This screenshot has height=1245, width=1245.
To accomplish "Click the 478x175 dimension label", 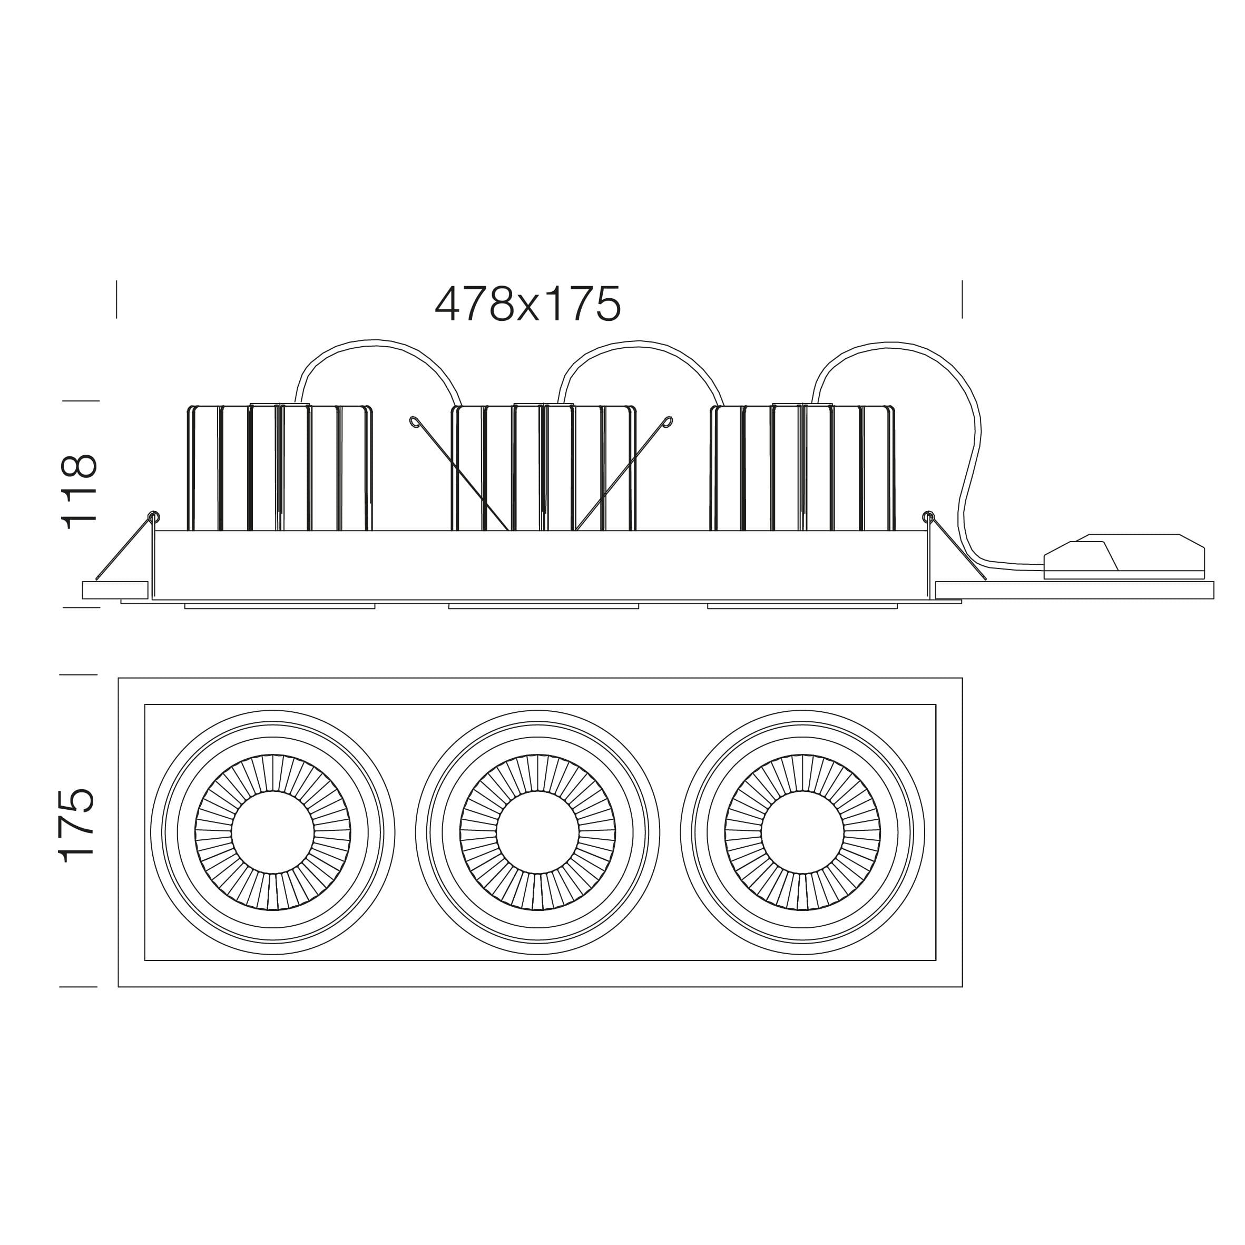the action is pyautogui.click(x=528, y=304).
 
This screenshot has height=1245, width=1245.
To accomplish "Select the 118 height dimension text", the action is pyautogui.click(x=80, y=492).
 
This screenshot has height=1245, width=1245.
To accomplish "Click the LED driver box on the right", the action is pyautogui.click(x=1124, y=557).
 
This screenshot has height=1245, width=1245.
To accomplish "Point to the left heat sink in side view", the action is pyautogui.click(x=280, y=468).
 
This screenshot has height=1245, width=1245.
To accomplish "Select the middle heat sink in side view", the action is pyautogui.click(x=543, y=468).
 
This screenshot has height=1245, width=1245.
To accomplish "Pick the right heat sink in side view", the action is pyautogui.click(x=802, y=468).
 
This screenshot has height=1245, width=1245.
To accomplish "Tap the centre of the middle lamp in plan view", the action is pyautogui.click(x=538, y=832).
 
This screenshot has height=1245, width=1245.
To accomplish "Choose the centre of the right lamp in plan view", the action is pyautogui.click(x=802, y=832).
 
